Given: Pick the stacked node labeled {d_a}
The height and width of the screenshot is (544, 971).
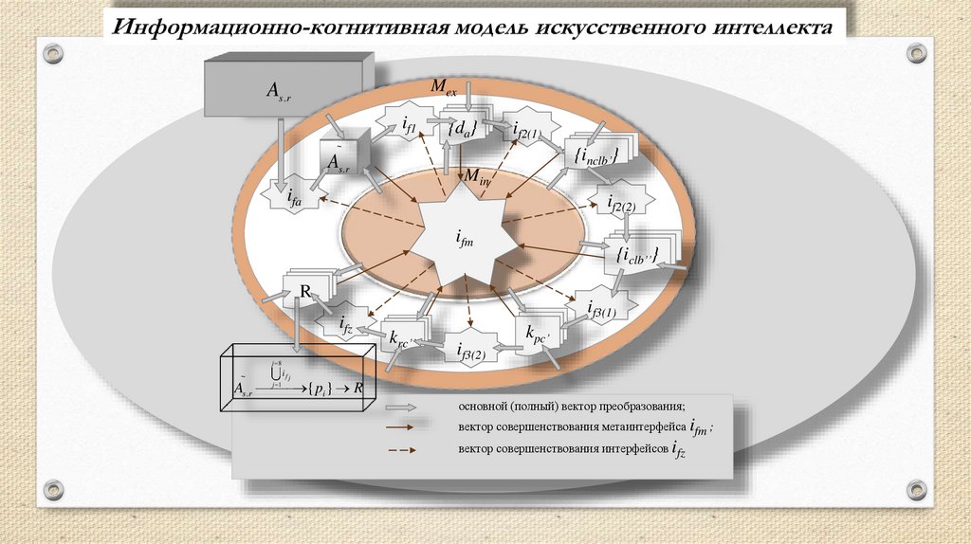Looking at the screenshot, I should tap(462, 129).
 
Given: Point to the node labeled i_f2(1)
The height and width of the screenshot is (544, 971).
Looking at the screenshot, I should tap(524, 132).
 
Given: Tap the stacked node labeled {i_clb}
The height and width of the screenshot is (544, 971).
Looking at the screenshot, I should tap(636, 254).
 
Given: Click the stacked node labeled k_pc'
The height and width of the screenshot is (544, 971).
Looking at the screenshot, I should tap(539, 333).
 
